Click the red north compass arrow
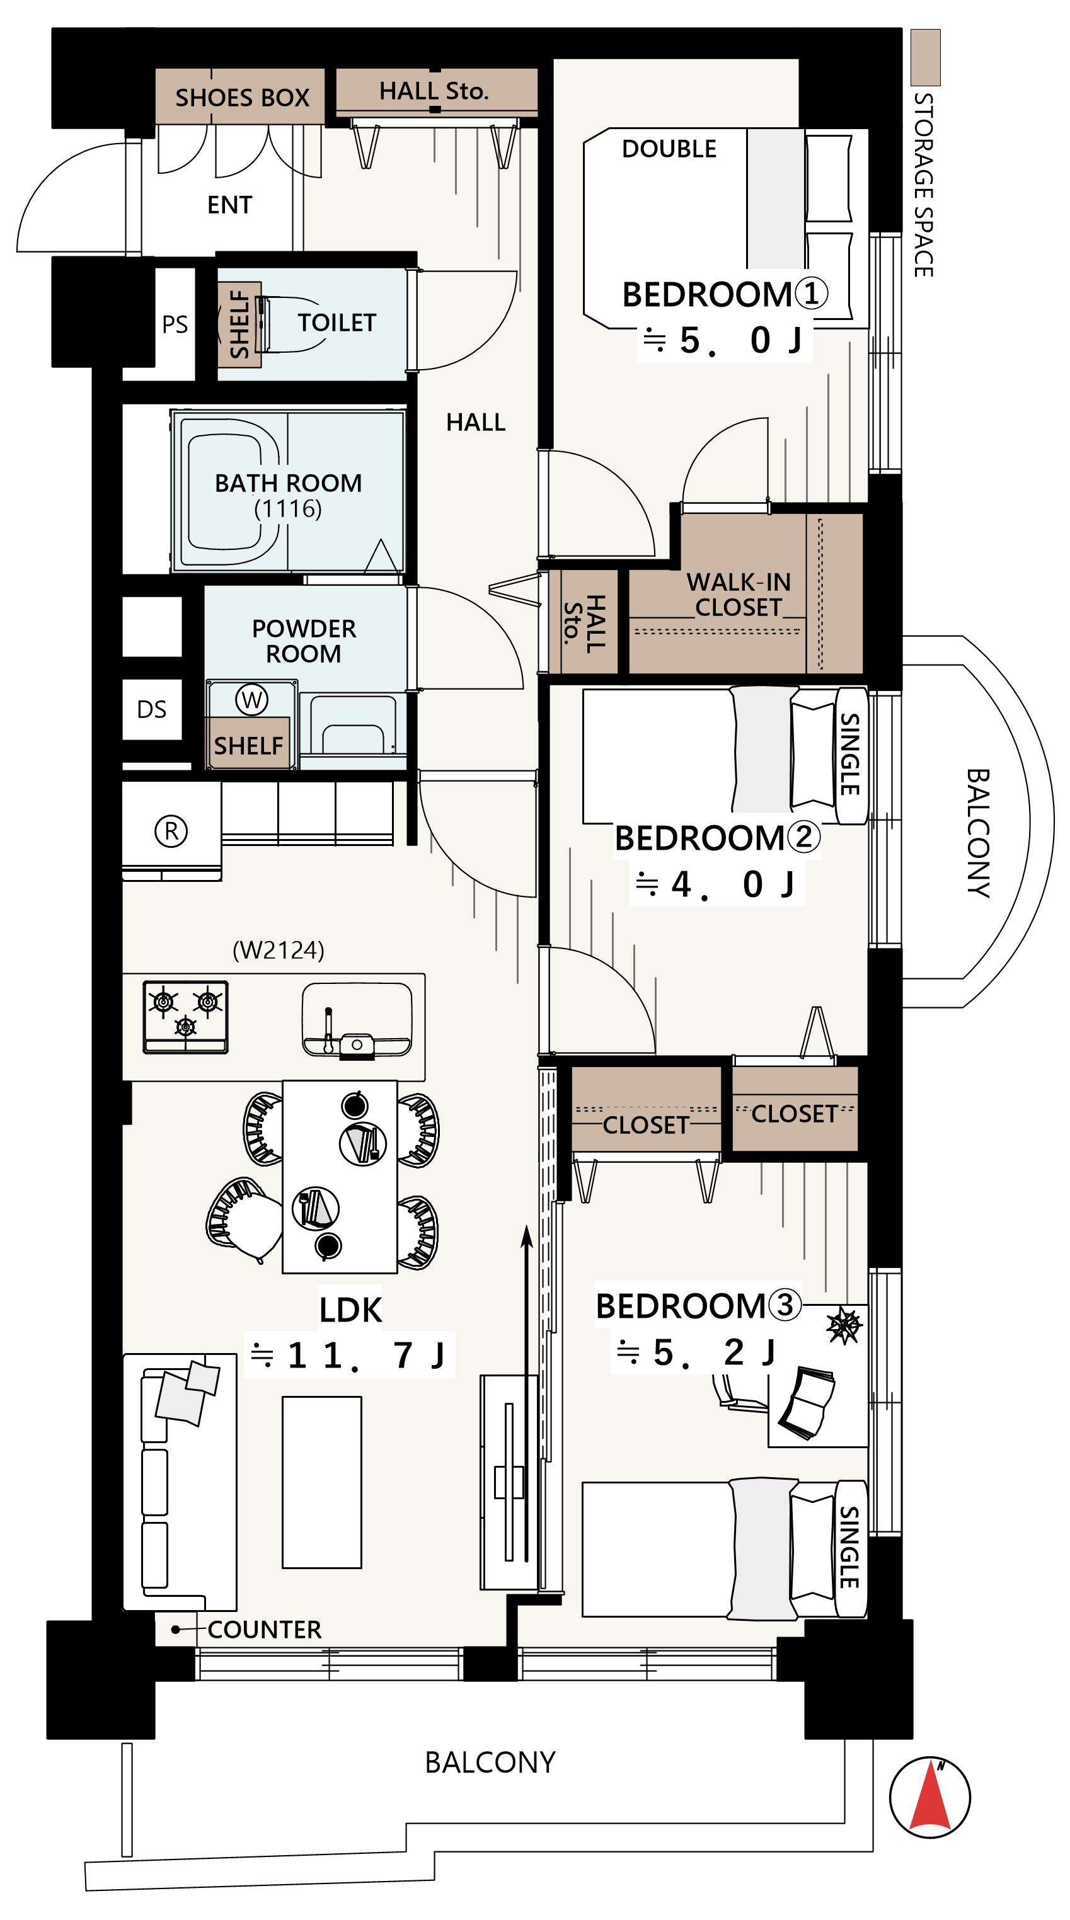(930, 1797)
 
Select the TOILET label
(337, 323)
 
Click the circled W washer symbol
(251, 700)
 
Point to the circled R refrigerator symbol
(171, 831)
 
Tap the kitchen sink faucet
(328, 1029)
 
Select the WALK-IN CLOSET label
(738, 595)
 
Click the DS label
(152, 709)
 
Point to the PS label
(175, 324)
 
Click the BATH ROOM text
(288, 483)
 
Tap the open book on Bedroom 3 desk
(806, 1403)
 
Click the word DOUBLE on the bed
(669, 149)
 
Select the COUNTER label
(265, 1630)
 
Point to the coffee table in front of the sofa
(321, 1482)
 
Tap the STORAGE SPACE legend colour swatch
(925, 57)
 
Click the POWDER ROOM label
(304, 641)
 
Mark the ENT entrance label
(229, 205)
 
